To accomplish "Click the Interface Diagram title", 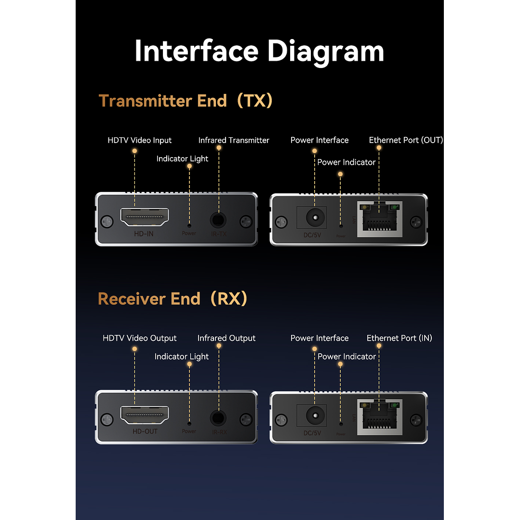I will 259,51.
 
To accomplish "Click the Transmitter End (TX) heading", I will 186,101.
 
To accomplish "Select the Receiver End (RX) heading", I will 173,299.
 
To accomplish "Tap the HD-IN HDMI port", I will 145,217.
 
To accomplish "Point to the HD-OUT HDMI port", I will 145,415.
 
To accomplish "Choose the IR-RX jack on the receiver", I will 219,418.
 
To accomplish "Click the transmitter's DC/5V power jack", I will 315,218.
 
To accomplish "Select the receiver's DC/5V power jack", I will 315,415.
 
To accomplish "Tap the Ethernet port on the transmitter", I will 379,219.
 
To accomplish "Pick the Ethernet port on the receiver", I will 379,417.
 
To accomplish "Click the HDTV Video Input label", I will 139,140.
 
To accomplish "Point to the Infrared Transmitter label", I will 234,140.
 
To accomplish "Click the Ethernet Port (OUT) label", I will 406,140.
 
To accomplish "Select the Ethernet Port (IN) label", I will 399,338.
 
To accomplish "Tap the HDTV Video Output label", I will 139,338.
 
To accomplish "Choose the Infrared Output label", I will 227,338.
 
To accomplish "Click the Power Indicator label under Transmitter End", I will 346,162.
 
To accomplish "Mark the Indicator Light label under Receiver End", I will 182,357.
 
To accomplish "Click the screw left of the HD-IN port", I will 107,222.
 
